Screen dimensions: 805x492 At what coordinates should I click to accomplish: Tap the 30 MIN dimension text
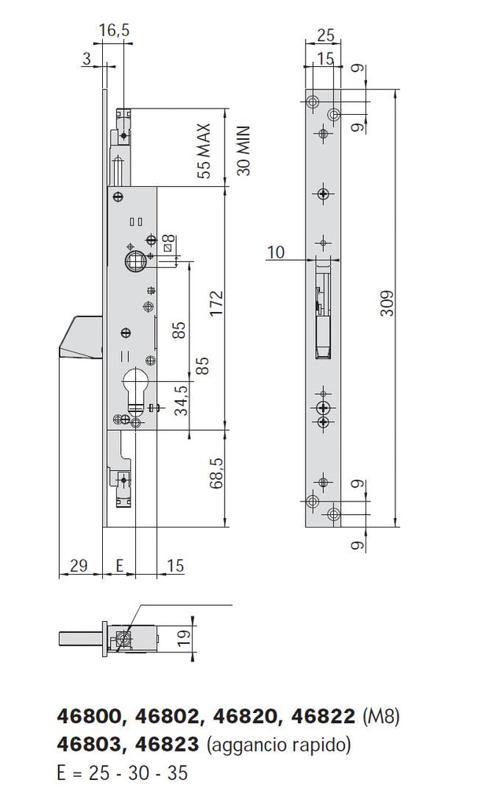(x=243, y=150)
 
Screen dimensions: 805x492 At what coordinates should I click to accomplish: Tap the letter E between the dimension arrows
(x=119, y=565)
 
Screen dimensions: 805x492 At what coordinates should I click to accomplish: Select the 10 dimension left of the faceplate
(x=277, y=252)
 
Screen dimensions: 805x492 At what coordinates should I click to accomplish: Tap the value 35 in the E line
(x=178, y=773)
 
